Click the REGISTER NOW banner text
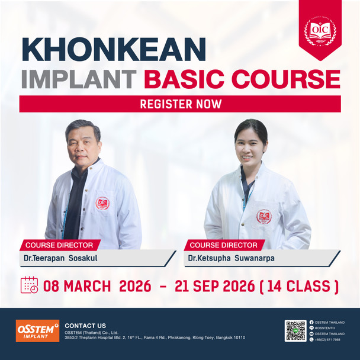(x=180, y=104)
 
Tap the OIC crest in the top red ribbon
(x=320, y=28)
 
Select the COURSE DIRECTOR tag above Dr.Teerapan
(x=59, y=245)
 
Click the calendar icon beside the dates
(x=29, y=285)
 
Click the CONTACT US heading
(x=85, y=326)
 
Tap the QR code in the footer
(x=295, y=331)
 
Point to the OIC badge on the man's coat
(x=102, y=202)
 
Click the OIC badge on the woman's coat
(x=263, y=217)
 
